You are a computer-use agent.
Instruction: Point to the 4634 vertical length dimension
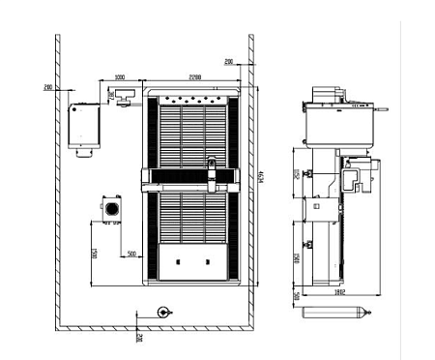click(x=263, y=175)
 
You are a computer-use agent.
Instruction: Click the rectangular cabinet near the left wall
click(x=85, y=126)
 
